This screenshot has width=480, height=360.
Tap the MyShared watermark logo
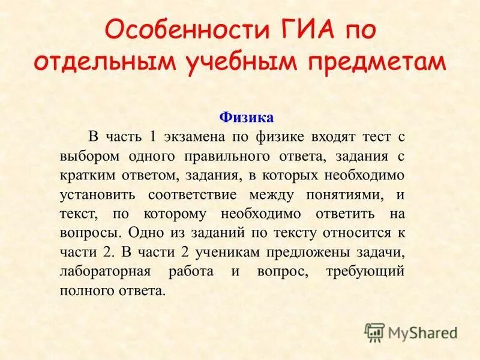point(410,332)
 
